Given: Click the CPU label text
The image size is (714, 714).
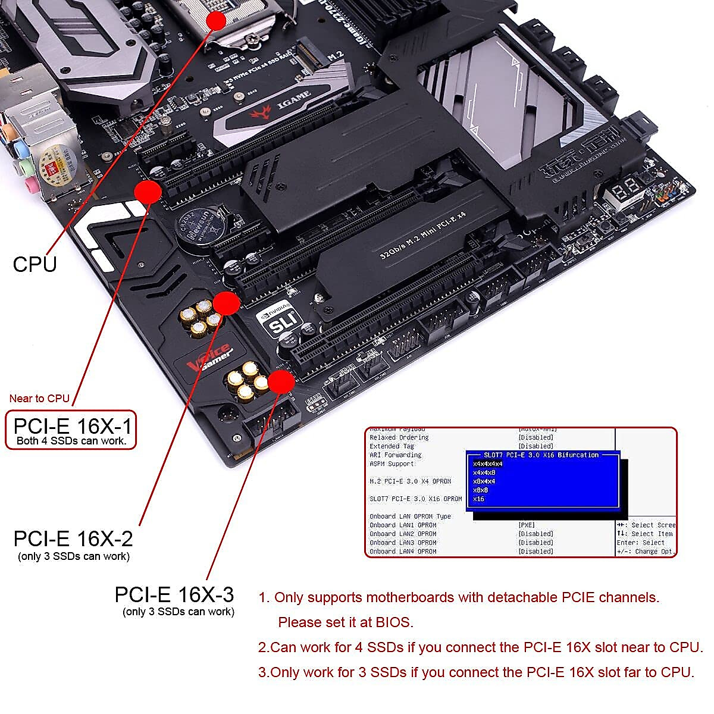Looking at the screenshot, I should pyautogui.click(x=35, y=264).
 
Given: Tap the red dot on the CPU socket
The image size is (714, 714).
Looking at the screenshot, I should pyautogui.click(x=217, y=20).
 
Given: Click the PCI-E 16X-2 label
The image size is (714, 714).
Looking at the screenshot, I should pyautogui.click(x=73, y=539).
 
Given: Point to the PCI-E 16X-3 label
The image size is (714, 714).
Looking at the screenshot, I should pyautogui.click(x=174, y=594).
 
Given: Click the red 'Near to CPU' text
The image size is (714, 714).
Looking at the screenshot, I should pyautogui.click(x=39, y=399).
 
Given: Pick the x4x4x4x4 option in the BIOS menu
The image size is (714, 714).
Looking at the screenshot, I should pyautogui.click(x=487, y=464).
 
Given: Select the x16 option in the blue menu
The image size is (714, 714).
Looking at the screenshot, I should pyautogui.click(x=478, y=499).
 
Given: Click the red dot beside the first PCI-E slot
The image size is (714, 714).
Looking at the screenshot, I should pyautogui.click(x=148, y=192).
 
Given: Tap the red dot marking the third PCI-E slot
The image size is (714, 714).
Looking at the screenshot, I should pyautogui.click(x=281, y=382).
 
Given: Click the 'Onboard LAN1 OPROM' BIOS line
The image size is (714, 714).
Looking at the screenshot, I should pyautogui.click(x=403, y=525).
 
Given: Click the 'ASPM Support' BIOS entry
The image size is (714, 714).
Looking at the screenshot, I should pyautogui.click(x=392, y=464).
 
